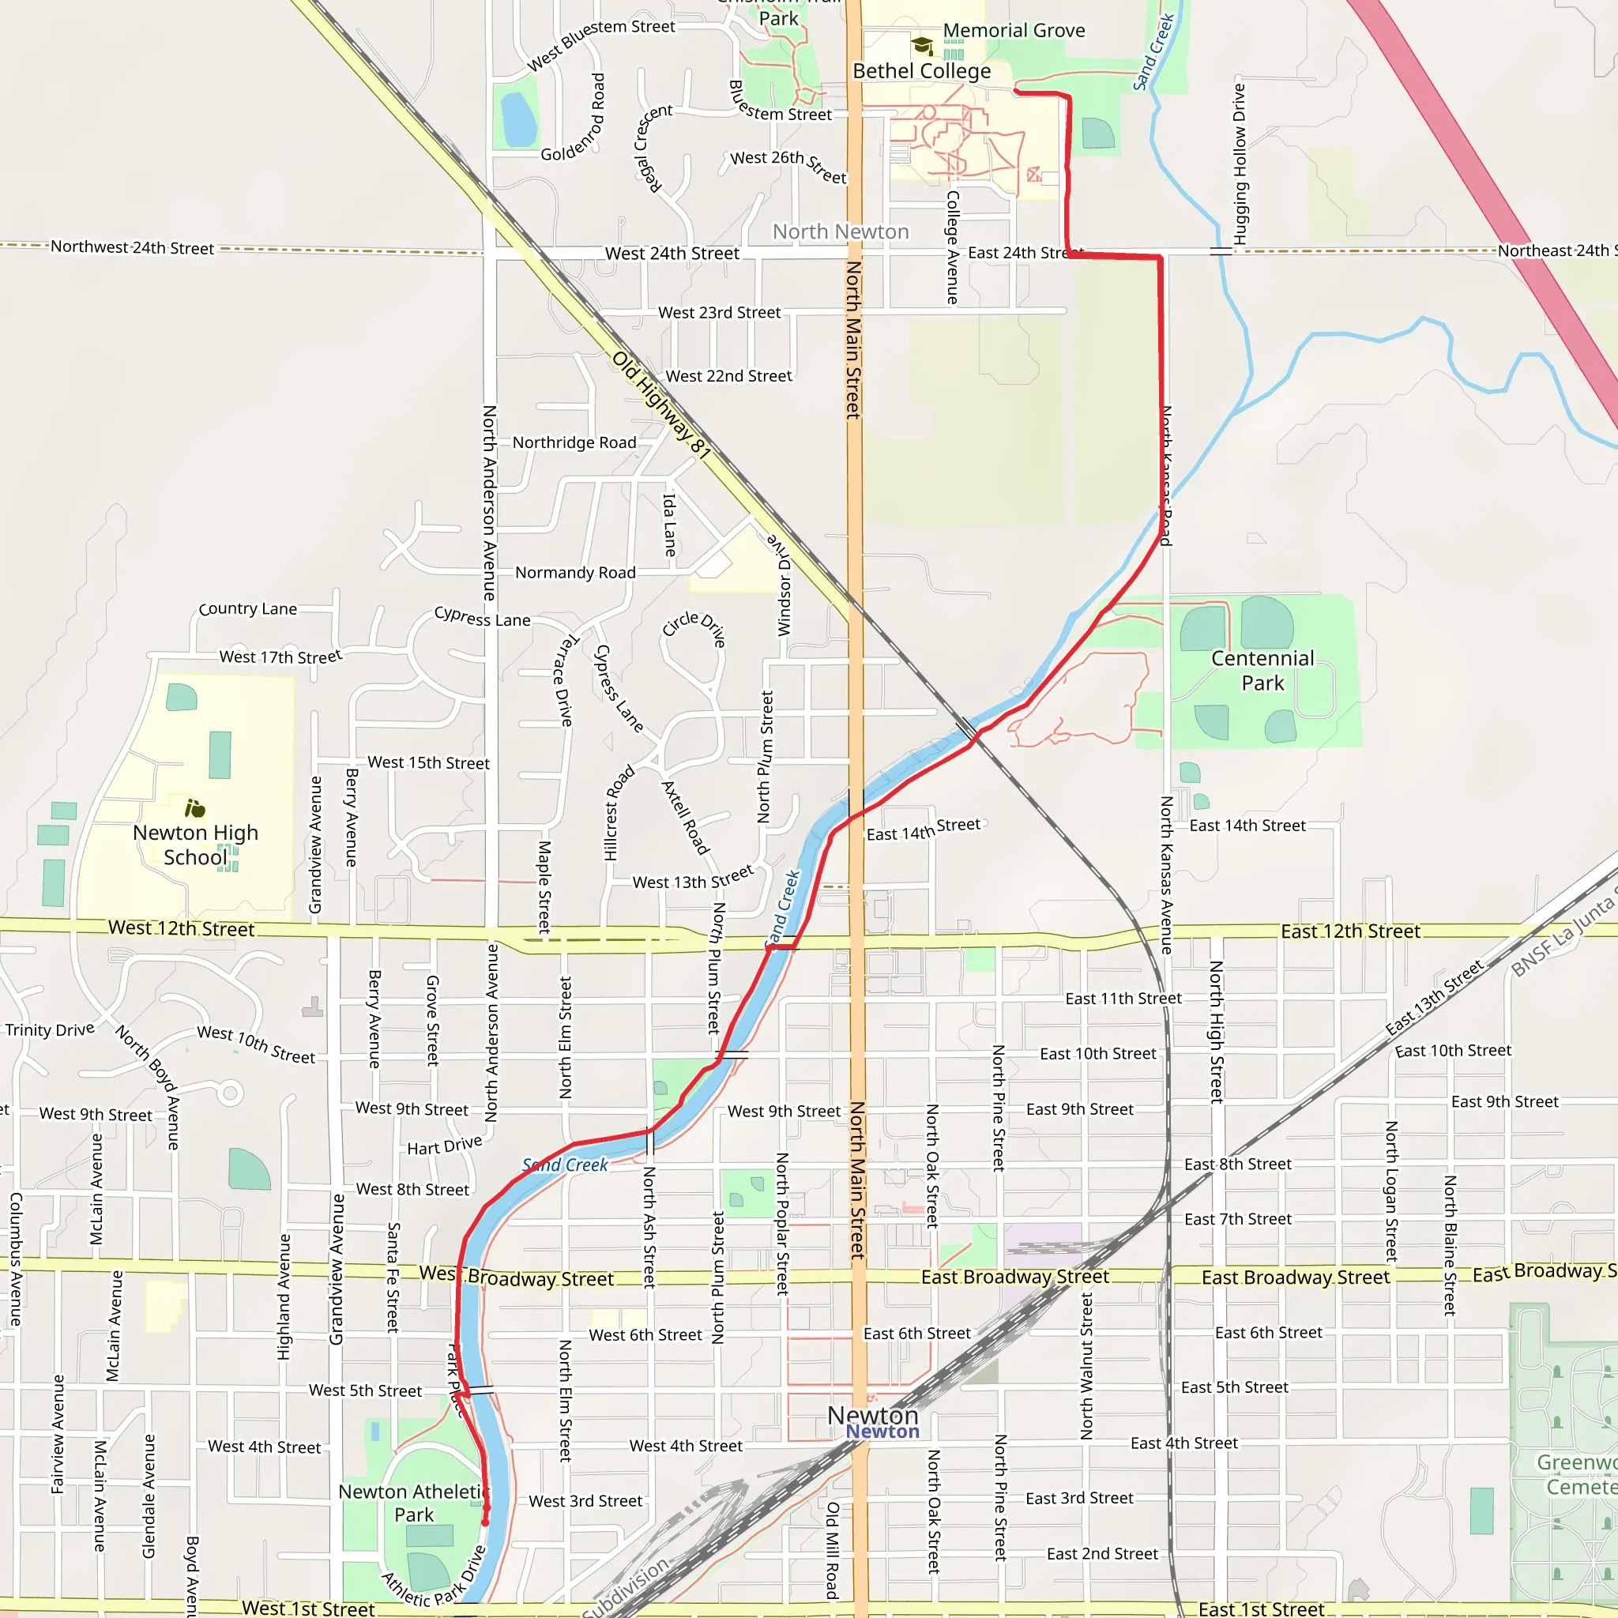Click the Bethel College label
coord(921,71)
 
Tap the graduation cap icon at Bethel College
coord(922,45)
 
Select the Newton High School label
coord(195,845)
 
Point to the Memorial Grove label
coord(1014,31)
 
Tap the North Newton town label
coord(840,232)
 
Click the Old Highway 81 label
coord(660,405)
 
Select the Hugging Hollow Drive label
coord(1240,164)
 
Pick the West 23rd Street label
coord(719,312)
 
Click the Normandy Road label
coord(574,573)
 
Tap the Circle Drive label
coord(694,628)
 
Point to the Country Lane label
coord(247,609)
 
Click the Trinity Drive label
coord(50,1030)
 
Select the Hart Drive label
coord(444,1146)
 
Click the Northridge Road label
coord(574,442)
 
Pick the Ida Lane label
coord(670,525)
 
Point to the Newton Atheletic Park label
coord(414,1503)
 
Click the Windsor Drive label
coord(782,584)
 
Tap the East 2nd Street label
coord(1101,1554)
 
